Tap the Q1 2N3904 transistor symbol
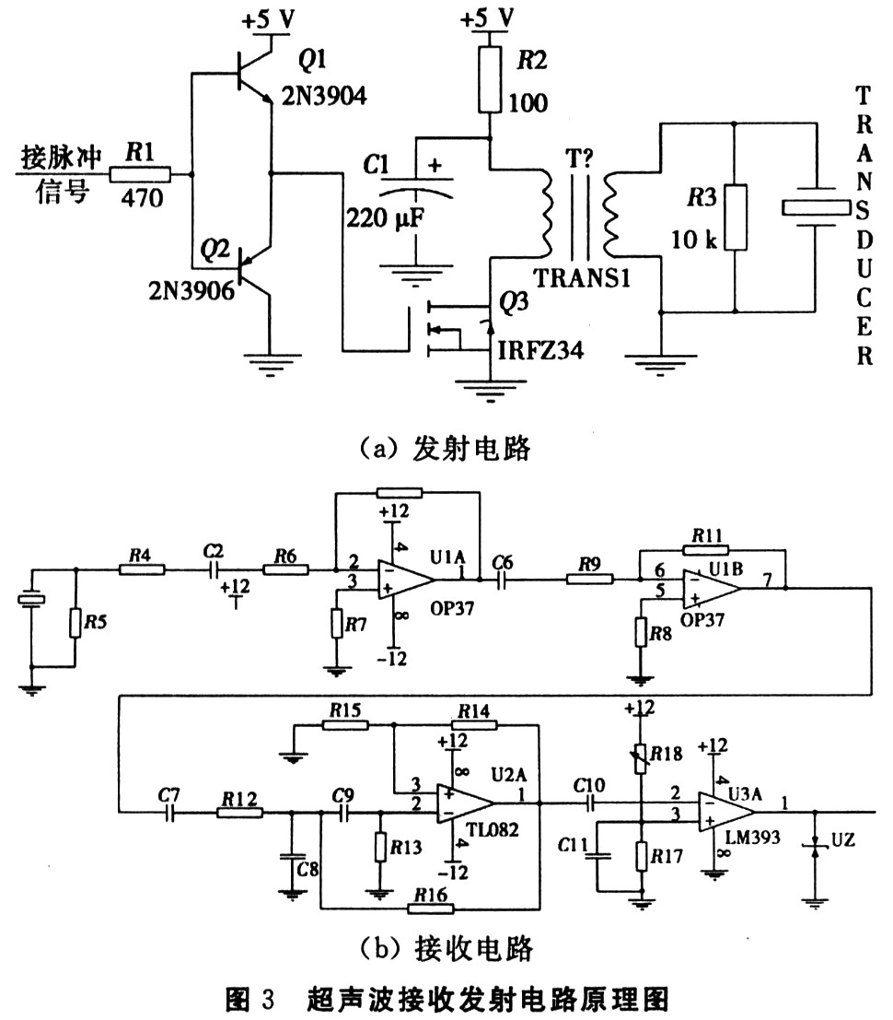click(x=249, y=79)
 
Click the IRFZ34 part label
click(x=540, y=349)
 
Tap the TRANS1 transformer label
click(x=581, y=277)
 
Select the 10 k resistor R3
click(x=734, y=217)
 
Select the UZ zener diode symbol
click(x=813, y=844)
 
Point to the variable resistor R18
click(x=639, y=753)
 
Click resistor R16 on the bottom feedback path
click(x=432, y=909)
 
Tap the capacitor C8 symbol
click(x=291, y=856)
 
